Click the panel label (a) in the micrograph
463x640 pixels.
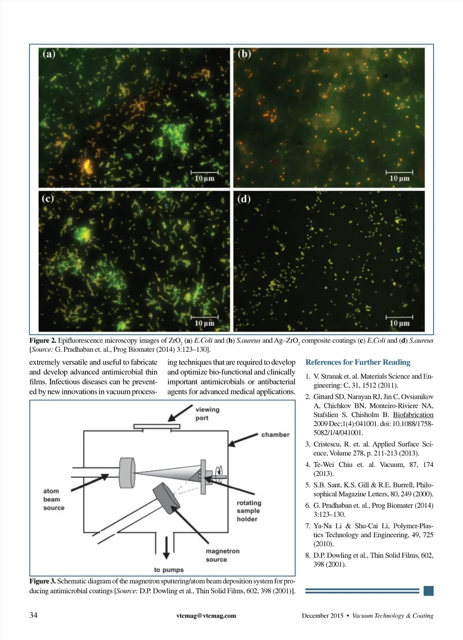click(x=49, y=54)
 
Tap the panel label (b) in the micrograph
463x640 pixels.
click(x=244, y=54)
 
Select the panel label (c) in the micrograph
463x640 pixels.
click(x=48, y=199)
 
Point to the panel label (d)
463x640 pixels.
click(x=244, y=199)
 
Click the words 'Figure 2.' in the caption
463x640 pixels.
click(x=43, y=341)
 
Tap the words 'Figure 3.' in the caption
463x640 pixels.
click(x=43, y=581)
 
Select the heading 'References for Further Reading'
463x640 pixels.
click(x=358, y=362)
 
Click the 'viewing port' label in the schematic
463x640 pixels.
click(x=207, y=414)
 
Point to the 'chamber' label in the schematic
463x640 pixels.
click(x=275, y=435)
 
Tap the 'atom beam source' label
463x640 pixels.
click(x=53, y=499)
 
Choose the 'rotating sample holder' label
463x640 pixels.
click(x=249, y=511)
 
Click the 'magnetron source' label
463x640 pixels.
click(x=222, y=555)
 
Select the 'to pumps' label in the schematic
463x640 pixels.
click(x=169, y=570)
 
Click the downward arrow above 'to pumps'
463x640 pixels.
click(x=166, y=548)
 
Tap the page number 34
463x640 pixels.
click(x=33, y=615)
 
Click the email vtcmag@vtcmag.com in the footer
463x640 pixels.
click(x=206, y=616)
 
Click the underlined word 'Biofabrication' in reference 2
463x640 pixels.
click(x=413, y=415)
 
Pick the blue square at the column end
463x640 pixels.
click(x=429, y=591)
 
